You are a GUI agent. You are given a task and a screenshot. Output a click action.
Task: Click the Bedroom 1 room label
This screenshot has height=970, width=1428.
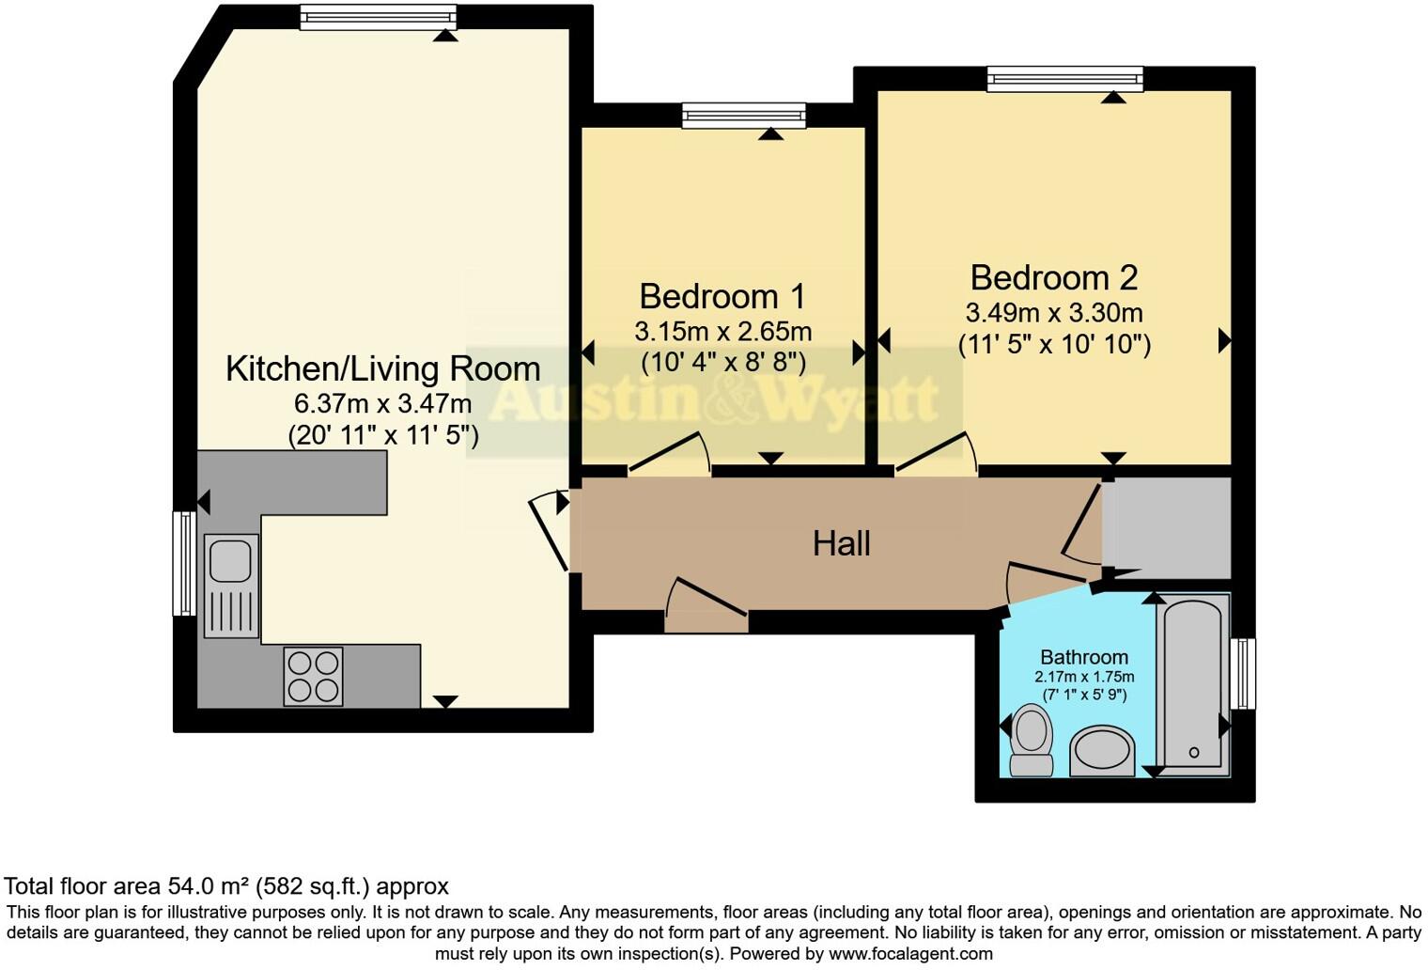(722, 297)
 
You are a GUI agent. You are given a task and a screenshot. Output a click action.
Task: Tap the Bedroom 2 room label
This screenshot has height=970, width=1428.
(1054, 277)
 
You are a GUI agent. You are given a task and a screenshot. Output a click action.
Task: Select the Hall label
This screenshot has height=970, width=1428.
(842, 544)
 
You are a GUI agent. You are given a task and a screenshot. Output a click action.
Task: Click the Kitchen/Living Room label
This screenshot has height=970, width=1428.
(383, 368)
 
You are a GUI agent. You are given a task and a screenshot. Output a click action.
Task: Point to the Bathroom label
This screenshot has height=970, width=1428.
(1084, 657)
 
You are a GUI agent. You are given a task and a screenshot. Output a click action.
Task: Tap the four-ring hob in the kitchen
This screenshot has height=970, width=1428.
(313, 677)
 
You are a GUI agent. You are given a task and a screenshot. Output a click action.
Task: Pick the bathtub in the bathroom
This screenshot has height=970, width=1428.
(1193, 686)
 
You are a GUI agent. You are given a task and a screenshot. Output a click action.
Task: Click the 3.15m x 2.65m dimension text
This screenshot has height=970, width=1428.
(723, 332)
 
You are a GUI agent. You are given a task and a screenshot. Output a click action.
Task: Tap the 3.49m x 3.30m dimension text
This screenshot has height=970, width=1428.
(1054, 312)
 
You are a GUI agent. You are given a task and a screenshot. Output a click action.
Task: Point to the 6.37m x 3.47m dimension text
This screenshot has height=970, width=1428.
(382, 403)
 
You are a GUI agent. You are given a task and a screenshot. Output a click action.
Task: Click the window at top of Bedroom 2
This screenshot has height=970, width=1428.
(1064, 79)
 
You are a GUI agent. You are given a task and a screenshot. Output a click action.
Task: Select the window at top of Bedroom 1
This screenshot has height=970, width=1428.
(743, 116)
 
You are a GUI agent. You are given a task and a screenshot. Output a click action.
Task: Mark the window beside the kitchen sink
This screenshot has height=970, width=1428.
(185, 563)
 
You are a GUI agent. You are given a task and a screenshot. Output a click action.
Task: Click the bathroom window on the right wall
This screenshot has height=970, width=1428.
(1243, 673)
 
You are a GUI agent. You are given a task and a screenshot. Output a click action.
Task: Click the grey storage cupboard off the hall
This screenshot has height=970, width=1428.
(1167, 528)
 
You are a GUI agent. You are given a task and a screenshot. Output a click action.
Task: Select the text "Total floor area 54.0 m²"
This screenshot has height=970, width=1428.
(128, 886)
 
